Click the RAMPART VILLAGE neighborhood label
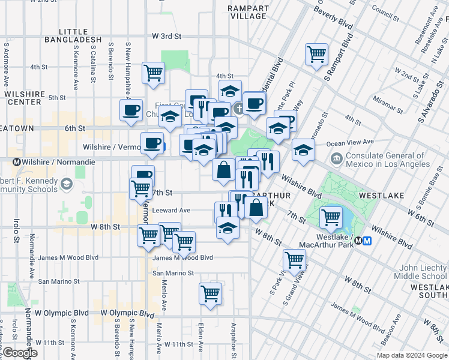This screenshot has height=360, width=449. coord(247,12)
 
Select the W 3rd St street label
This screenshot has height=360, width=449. coord(166,36)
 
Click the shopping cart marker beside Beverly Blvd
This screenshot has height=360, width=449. coord(316,55)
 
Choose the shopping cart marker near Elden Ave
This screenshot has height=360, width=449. coord(211,294)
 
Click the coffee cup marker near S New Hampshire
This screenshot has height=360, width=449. coord(131,110)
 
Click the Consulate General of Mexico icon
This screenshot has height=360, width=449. coord(336,158)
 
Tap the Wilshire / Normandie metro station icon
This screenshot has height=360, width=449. coord(17,162)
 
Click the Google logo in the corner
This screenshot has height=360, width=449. coord(19,353)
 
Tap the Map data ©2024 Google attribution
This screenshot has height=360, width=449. coord(411,355)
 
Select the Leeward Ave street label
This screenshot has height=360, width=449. coord(171,210)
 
